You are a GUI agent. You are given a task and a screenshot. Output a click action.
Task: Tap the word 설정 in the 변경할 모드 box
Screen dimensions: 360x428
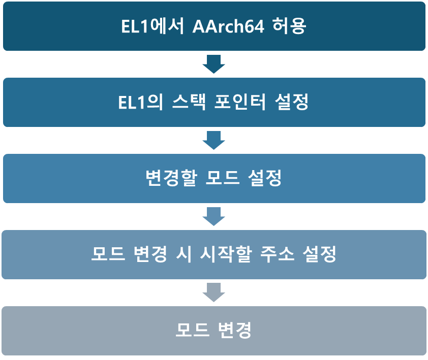click(265, 178)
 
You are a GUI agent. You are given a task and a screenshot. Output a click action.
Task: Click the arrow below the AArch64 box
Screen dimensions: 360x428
click(213, 64)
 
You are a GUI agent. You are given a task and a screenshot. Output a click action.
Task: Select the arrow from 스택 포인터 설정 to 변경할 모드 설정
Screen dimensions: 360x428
click(213, 140)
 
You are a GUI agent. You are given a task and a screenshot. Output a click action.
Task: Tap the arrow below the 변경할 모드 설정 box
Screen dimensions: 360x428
click(213, 216)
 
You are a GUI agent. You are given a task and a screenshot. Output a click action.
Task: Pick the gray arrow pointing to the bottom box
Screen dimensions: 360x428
click(213, 292)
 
